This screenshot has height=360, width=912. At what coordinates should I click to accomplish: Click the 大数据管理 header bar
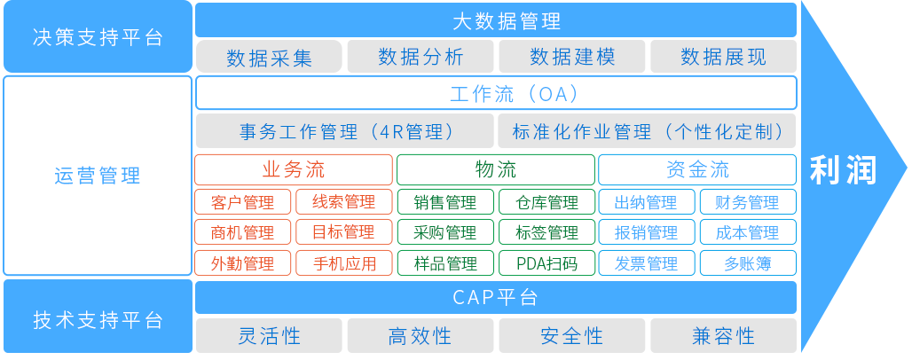point(495,20)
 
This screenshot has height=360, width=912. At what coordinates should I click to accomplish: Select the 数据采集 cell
point(269,58)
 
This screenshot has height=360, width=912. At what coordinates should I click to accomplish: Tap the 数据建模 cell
point(572,58)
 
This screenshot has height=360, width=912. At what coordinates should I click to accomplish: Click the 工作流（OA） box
point(495,93)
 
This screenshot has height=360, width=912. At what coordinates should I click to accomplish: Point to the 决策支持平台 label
point(97,37)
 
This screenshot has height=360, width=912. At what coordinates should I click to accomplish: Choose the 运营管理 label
point(97,176)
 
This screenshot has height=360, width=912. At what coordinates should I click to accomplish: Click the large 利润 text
point(843,170)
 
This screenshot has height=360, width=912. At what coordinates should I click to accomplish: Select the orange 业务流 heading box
point(294,169)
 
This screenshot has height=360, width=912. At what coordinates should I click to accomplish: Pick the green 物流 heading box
point(495,169)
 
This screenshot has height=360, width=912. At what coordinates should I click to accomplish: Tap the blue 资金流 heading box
point(697,169)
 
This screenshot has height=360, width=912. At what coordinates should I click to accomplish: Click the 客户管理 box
point(243,202)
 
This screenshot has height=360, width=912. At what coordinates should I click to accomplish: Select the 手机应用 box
point(344,263)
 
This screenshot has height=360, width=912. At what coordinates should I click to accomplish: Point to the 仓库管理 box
point(546,202)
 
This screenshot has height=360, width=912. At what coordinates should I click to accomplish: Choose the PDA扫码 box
point(546,263)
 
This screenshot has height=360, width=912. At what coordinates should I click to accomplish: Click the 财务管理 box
point(748,202)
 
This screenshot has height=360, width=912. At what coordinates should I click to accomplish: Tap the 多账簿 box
point(748,263)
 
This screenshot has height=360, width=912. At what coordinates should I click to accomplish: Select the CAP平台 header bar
point(495,297)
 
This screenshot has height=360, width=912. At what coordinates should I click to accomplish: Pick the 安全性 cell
point(572,336)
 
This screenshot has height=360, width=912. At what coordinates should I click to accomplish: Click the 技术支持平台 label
point(97,319)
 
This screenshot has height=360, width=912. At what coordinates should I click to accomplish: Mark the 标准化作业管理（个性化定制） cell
point(648,132)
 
